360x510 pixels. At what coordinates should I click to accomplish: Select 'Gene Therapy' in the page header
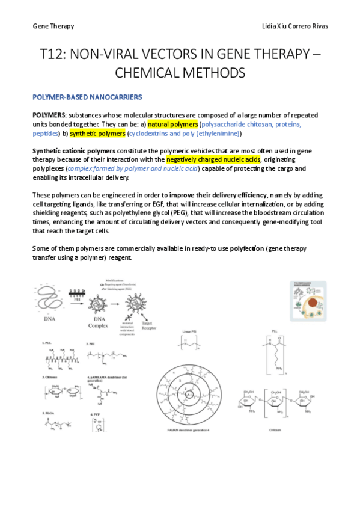click(53, 26)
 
